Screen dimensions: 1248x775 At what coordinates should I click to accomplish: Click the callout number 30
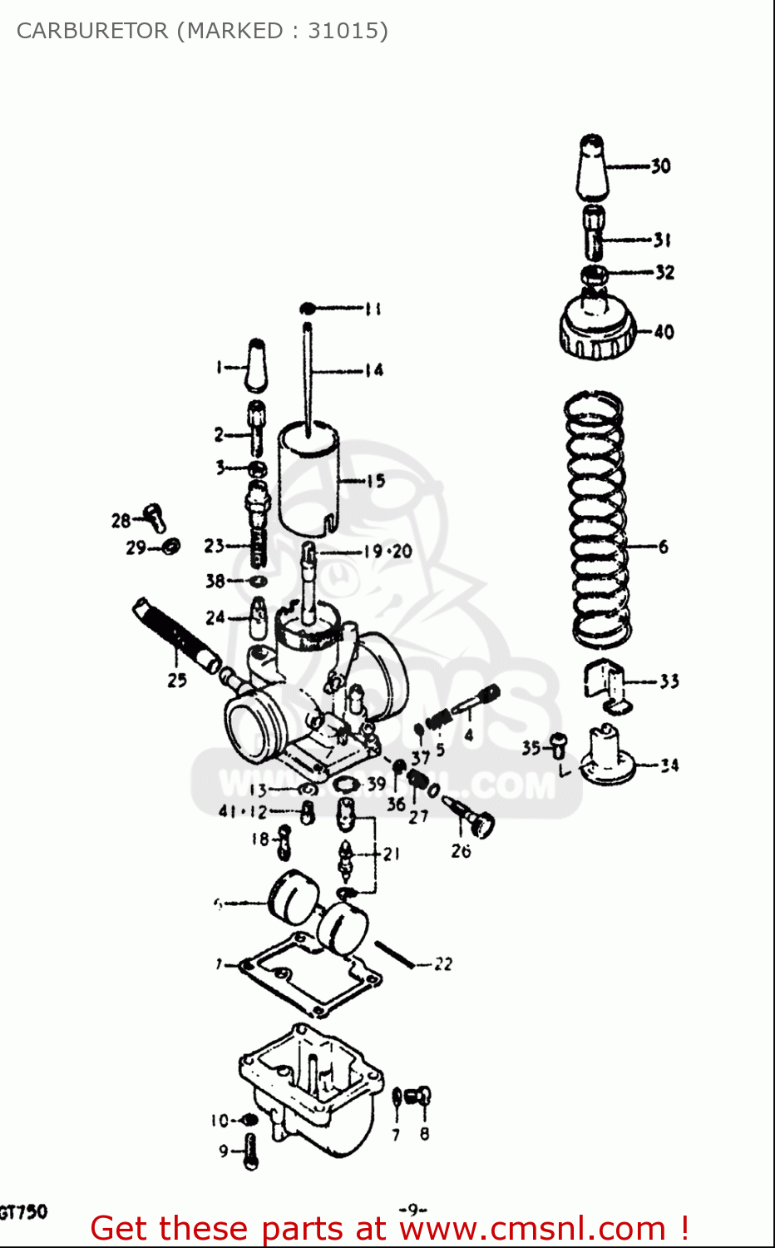click(660, 166)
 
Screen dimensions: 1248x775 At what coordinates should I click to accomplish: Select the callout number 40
click(664, 332)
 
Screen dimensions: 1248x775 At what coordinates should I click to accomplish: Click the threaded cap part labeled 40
click(596, 329)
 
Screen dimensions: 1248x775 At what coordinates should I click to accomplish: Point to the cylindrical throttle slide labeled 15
click(308, 478)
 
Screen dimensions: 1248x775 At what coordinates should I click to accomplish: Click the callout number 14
click(374, 370)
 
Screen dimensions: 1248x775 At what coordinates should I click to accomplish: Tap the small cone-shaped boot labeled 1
click(256, 366)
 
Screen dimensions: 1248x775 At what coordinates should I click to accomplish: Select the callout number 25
click(177, 680)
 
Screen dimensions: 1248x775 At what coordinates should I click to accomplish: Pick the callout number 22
click(443, 964)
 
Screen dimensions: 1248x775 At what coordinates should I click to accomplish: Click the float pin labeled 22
click(394, 954)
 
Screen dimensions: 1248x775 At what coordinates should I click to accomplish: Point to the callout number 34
click(669, 765)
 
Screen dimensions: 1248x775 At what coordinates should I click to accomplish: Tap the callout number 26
click(461, 850)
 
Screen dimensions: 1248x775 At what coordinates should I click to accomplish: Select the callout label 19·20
click(387, 551)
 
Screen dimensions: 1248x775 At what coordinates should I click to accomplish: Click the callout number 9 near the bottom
click(223, 1151)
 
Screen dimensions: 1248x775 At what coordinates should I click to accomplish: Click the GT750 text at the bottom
click(23, 1211)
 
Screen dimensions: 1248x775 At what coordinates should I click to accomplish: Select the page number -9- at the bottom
click(412, 1209)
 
